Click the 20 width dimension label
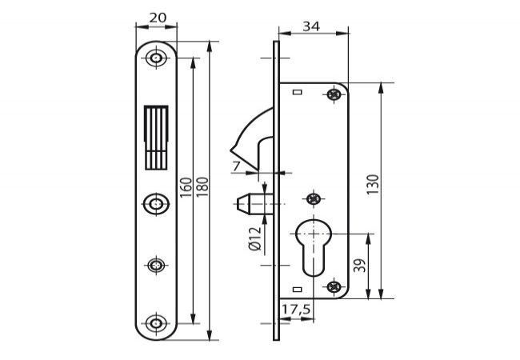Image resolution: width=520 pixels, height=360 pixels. point(158,18)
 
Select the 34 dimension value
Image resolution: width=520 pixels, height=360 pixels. point(311,26)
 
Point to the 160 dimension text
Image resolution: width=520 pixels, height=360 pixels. point(186,188)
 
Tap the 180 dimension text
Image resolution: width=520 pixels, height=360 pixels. point(202,187)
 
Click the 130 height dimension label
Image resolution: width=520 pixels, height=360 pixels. point(373,184)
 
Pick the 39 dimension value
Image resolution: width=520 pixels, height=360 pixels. point(360,266)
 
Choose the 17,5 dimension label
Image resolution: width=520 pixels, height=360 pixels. point(296,310)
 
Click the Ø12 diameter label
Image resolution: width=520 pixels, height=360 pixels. point(255,238)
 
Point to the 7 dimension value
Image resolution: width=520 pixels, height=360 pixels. point(236,166)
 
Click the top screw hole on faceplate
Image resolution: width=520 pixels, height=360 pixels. point(156,58)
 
